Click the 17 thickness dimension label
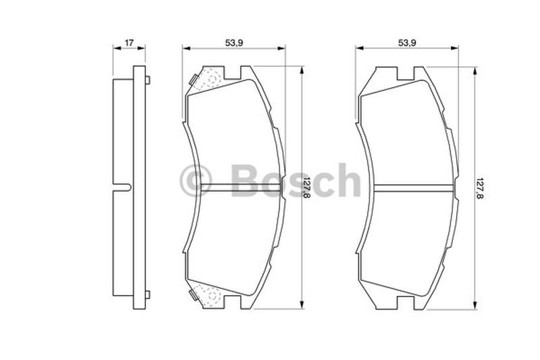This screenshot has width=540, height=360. pos(129,43)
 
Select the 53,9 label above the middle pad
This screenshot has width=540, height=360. pos(234,43)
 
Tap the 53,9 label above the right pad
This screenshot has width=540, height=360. pos(408,43)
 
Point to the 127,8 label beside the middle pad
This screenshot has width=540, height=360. pos(306,187)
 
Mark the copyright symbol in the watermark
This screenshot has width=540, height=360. pos(195,180)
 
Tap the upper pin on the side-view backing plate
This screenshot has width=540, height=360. pos(148,80)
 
